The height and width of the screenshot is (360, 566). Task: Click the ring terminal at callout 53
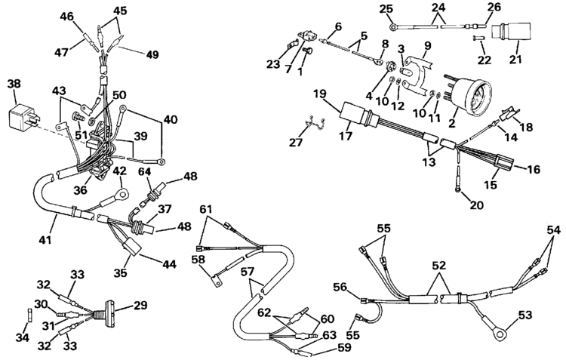click(491, 326)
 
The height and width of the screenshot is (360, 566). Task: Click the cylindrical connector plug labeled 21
click(503, 34)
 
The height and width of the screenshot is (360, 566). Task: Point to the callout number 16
click(534, 170)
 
